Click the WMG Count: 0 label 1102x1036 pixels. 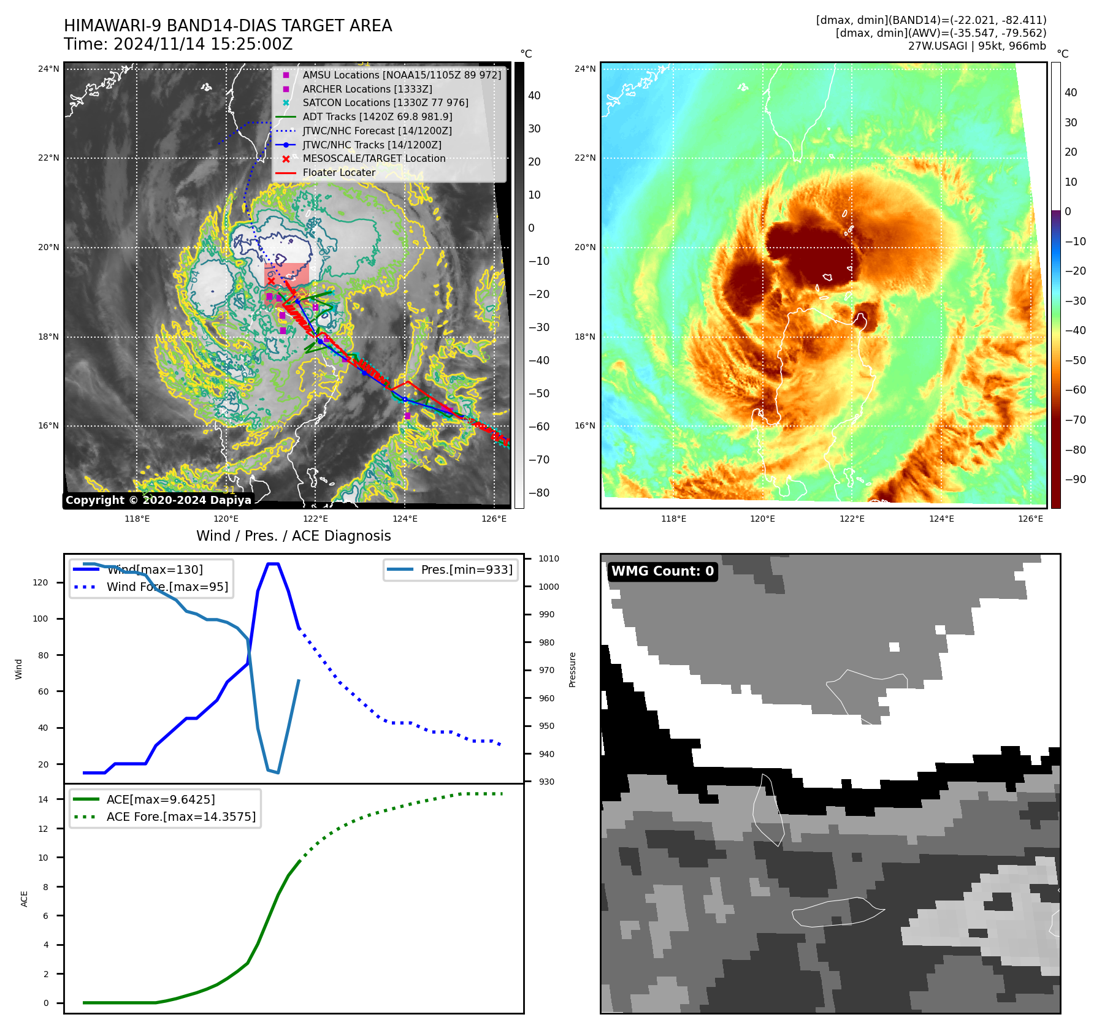click(662, 571)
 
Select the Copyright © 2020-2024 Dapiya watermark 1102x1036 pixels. click(158, 500)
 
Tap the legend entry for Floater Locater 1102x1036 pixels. click(339, 173)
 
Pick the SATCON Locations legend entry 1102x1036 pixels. click(385, 103)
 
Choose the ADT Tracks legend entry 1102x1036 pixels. click(377, 117)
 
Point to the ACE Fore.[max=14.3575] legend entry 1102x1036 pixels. click(181, 817)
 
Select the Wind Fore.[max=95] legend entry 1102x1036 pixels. click(167, 587)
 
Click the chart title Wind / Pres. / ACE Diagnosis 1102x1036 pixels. click(293, 536)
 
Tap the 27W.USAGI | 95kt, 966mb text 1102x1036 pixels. click(977, 46)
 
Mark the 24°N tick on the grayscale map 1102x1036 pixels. click(48, 69)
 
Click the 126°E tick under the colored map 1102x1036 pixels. click(1030, 519)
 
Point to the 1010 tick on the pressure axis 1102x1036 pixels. click(548, 558)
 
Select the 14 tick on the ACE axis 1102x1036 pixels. click(43, 799)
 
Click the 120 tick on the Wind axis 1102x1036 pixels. click(40, 582)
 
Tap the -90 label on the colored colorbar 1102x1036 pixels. click(1075, 479)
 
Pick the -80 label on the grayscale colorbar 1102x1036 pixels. click(539, 493)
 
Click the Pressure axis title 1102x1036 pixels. click(572, 669)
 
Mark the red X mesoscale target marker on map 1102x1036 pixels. click(271, 281)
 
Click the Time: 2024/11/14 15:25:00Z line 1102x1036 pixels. click(178, 45)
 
